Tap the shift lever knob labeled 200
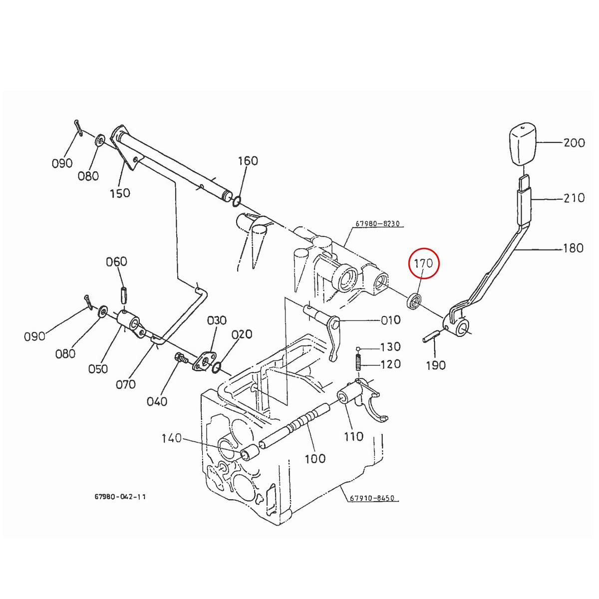523,145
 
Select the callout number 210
574,198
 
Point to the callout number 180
573,248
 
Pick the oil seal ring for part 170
415,301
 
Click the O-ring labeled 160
236,201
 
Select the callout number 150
120,193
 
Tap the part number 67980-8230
378,224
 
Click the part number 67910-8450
371,498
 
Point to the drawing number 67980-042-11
120,497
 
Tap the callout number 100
315,458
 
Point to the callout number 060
116,262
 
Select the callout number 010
390,320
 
